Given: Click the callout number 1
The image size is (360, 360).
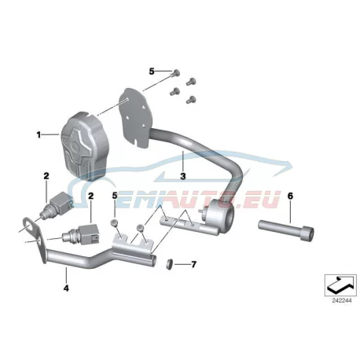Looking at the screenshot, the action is [x=39, y=135].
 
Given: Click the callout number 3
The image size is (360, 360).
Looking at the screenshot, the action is [x=183, y=176].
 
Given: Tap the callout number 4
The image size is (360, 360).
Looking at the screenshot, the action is [x=66, y=288].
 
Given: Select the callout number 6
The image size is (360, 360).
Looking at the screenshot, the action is [x=290, y=196].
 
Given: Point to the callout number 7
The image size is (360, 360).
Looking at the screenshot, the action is [x=193, y=264].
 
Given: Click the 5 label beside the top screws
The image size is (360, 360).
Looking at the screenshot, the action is [x=152, y=72].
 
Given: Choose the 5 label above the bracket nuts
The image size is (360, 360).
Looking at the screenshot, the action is [x=115, y=196].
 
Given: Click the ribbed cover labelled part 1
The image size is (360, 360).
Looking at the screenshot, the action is [x=85, y=146].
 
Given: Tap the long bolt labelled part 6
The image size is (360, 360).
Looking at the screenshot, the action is [x=286, y=230].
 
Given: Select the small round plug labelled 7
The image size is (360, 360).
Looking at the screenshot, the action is [x=171, y=263].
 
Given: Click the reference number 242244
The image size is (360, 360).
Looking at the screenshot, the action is [x=342, y=300].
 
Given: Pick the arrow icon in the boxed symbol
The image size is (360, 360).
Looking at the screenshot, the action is [x=340, y=285].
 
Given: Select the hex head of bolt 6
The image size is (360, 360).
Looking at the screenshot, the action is [x=310, y=234].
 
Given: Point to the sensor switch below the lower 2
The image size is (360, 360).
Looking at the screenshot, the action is [x=81, y=234].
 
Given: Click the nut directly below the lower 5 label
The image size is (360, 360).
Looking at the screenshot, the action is [x=115, y=222].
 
